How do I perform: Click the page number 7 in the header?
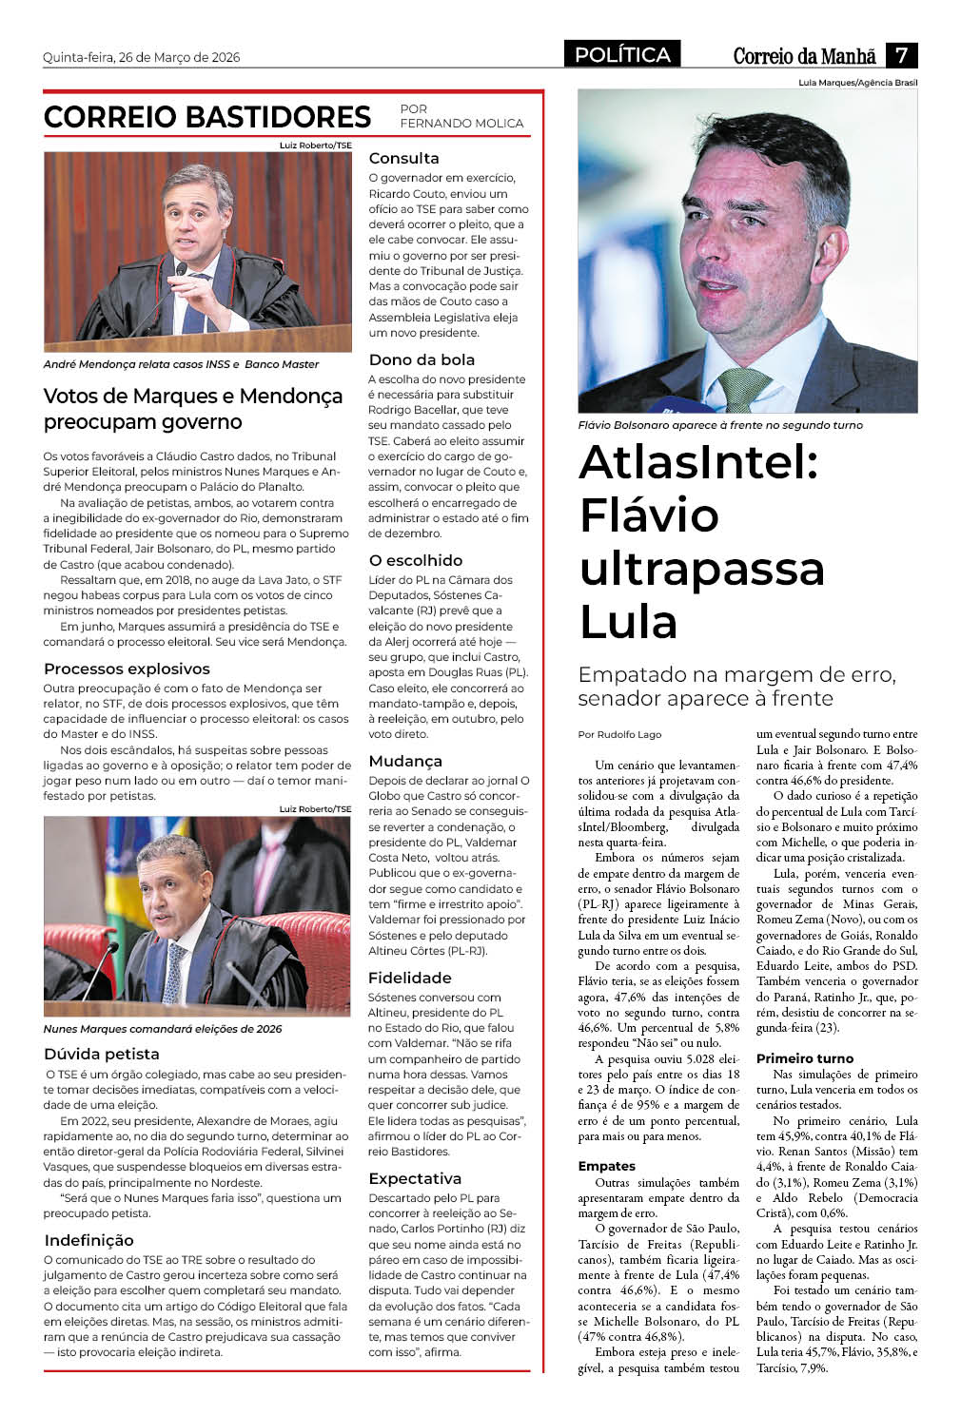901,55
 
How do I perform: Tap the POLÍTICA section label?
622,55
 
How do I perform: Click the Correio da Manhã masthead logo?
804,56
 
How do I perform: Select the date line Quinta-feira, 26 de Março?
141,57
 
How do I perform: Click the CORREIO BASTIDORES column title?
207,117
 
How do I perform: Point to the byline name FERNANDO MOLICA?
461,123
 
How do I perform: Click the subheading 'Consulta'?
403,158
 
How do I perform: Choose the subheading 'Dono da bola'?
422,359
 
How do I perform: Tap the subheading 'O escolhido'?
415,560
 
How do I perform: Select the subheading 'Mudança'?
405,761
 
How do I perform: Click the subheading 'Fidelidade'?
409,978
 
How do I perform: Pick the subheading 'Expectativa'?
415,1178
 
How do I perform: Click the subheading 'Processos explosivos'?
127,669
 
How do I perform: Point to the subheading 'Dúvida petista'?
102,1054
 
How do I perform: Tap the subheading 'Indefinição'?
88,1240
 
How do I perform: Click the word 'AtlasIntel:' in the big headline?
698,462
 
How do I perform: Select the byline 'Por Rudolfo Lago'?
619,734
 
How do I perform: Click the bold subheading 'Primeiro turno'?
805,1058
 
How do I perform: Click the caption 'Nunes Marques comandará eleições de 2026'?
163,1029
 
